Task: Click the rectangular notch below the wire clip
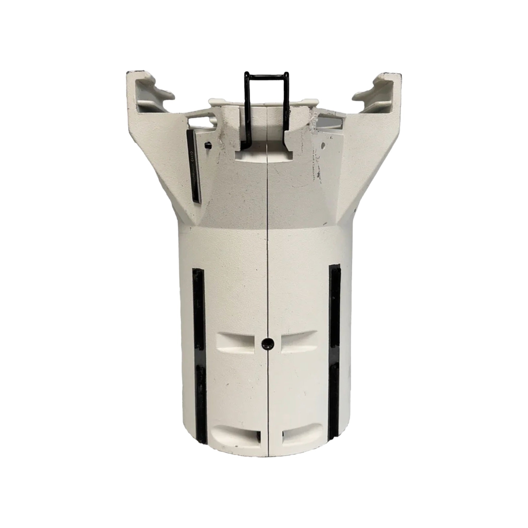tap(264, 156)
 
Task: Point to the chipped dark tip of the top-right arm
tap(392, 74)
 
